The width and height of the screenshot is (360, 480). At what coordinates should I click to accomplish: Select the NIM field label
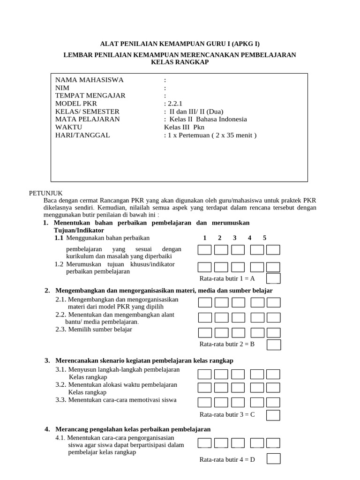(62, 88)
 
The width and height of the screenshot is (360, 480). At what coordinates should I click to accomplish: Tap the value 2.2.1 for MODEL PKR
(173, 104)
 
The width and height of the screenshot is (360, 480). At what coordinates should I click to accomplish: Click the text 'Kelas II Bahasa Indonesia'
(205, 119)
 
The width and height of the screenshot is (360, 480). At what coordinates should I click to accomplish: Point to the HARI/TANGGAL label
(82, 135)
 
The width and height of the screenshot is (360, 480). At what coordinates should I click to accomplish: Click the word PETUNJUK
(45, 193)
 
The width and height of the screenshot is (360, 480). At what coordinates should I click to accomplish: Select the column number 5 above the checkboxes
(265, 238)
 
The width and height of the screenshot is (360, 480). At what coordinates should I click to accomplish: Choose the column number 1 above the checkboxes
(204, 238)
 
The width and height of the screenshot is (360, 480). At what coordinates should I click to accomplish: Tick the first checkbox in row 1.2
(204, 267)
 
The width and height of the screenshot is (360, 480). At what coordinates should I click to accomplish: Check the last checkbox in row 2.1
(273, 302)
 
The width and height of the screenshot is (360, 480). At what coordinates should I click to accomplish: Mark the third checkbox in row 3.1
(238, 374)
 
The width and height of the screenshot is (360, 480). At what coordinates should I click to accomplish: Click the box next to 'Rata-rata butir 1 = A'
(273, 278)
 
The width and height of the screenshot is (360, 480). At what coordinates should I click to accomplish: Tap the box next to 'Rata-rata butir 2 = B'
(273, 345)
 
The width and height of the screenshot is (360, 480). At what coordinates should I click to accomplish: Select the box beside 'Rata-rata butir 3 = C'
(273, 415)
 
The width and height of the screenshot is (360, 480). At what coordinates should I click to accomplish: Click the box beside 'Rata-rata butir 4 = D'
(273, 459)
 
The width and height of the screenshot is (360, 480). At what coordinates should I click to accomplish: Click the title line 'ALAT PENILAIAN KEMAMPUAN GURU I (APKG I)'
(180, 44)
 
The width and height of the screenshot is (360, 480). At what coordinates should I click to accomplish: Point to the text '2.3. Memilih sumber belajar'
(94, 329)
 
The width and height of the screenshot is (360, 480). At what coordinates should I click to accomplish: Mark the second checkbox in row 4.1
(221, 443)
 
